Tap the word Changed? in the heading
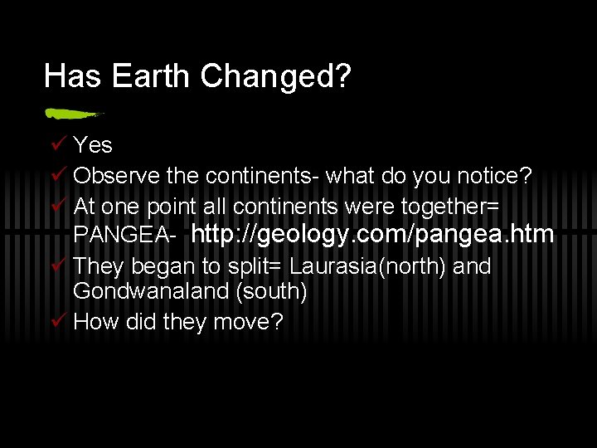275,76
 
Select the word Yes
93,145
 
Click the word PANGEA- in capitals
124,236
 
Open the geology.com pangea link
372,235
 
